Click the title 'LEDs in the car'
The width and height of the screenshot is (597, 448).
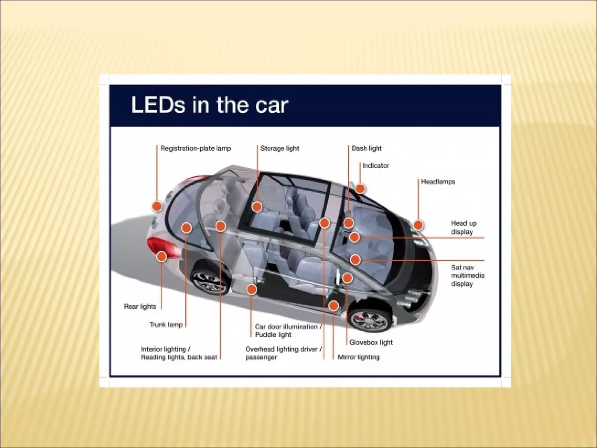coord(210,105)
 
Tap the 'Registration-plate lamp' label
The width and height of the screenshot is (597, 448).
coord(196,148)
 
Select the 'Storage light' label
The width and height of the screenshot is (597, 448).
coord(280,148)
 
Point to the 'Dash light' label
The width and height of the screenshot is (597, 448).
coord(366,148)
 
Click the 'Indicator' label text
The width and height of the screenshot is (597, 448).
coord(376,166)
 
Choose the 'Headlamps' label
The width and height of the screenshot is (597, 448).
coord(438,181)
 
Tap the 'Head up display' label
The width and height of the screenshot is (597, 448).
coord(464,228)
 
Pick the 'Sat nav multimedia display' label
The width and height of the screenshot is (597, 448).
coord(468,276)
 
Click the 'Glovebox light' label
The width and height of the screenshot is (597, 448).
coord(371,342)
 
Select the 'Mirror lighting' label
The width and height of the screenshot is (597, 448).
coord(359,357)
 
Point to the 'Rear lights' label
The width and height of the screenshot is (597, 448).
coord(140,307)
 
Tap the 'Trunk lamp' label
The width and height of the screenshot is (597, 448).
coord(166,324)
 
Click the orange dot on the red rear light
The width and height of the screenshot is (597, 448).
coord(161,257)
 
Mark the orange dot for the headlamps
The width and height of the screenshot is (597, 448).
coord(418,225)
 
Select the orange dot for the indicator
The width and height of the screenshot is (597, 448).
coord(360,189)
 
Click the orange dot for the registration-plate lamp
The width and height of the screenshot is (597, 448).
coord(157,206)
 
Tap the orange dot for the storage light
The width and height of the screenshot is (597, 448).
coord(257,207)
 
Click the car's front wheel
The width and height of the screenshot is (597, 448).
coord(370,320)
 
